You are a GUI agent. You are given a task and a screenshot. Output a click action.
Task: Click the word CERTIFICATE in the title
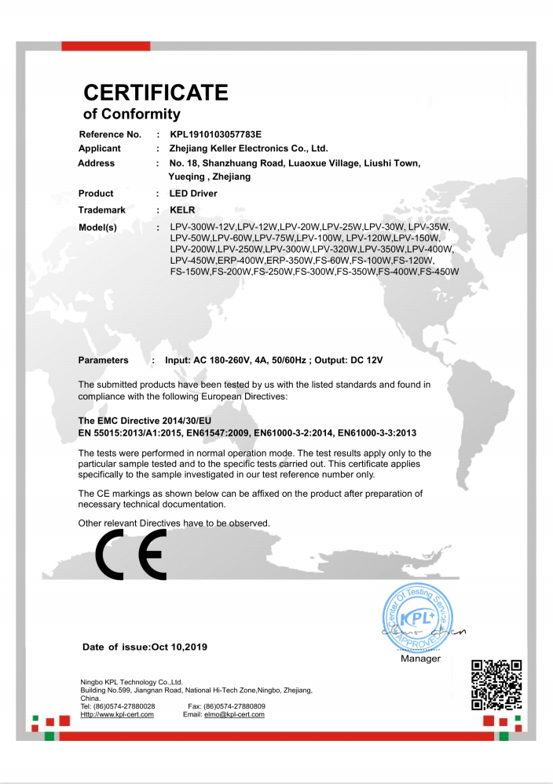156,93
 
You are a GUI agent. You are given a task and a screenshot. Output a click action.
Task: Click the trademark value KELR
181,210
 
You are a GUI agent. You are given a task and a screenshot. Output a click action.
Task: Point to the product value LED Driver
193,194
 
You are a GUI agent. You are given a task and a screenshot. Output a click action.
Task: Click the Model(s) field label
97,228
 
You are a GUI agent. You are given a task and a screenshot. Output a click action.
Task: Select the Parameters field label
103,360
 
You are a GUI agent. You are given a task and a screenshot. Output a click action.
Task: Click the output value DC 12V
365,360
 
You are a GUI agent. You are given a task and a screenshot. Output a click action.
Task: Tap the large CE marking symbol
130,554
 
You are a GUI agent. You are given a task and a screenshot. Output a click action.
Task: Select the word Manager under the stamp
420,658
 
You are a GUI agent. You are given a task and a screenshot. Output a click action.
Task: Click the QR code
496,684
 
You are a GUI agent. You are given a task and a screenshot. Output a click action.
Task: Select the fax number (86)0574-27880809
234,706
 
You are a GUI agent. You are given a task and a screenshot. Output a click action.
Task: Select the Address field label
97,163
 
